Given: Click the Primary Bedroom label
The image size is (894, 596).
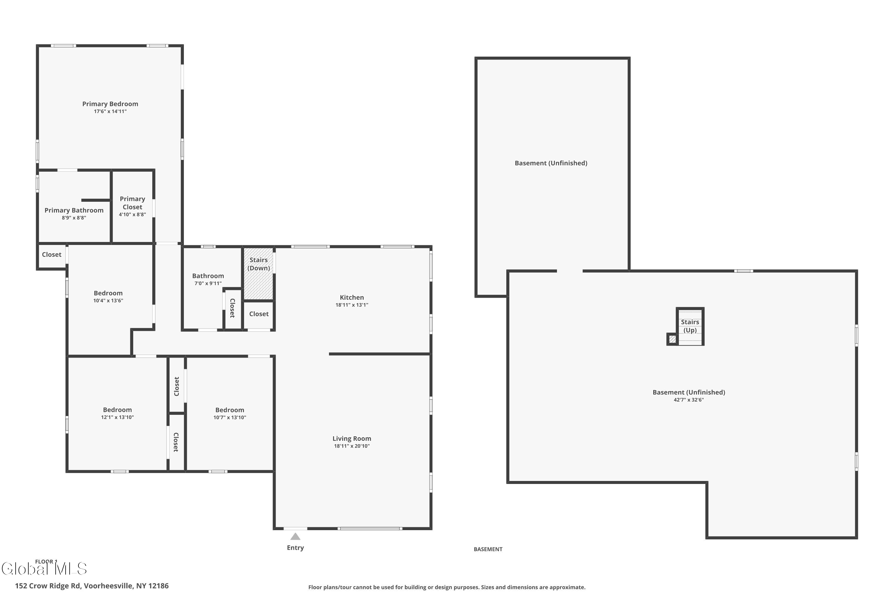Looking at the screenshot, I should click(x=110, y=104).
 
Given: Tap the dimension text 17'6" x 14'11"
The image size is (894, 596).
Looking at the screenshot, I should click(x=110, y=111).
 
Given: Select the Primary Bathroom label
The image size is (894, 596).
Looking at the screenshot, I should click(x=74, y=210).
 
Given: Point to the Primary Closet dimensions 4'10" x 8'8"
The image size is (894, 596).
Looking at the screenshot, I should click(x=132, y=214).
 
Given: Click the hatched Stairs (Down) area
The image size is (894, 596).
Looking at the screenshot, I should click(x=258, y=281).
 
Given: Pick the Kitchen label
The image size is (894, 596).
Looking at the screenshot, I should click(x=352, y=297).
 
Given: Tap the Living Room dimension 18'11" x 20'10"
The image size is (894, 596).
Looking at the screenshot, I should click(x=352, y=446).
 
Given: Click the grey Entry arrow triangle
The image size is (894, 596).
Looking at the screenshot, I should click(x=295, y=537).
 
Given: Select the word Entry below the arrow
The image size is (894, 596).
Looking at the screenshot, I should click(x=295, y=548).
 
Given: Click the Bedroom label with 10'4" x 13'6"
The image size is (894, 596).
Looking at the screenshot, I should click(x=108, y=293).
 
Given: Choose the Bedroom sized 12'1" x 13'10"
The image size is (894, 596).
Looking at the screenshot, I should click(x=117, y=410).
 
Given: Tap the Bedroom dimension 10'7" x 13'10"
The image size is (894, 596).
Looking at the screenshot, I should click(x=229, y=417).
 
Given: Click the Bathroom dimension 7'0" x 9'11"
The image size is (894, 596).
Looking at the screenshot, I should click(x=208, y=283).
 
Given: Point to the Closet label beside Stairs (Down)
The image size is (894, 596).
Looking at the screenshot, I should click(x=259, y=314).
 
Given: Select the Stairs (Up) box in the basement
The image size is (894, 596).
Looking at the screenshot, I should click(x=690, y=326).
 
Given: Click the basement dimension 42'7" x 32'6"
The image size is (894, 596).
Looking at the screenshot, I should click(x=689, y=400).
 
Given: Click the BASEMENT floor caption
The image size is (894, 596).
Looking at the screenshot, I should click(x=488, y=549).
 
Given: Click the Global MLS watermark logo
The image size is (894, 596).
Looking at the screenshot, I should click(x=44, y=569).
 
